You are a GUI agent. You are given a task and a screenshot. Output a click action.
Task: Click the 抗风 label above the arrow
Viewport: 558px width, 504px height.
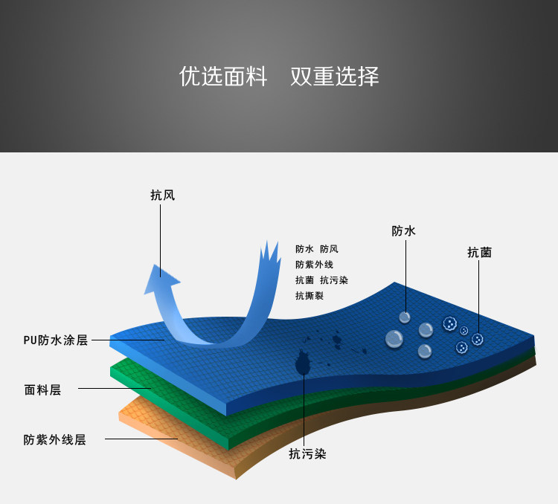click(162, 196)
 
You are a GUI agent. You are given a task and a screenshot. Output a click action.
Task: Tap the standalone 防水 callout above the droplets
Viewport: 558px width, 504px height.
click(403, 231)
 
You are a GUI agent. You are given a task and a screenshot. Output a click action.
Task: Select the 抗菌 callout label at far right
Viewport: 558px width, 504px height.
click(479, 252)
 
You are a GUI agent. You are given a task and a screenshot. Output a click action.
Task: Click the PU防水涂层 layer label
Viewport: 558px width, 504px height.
click(55, 340)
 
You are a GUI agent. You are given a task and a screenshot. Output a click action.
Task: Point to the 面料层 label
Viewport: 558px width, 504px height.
click(42, 390)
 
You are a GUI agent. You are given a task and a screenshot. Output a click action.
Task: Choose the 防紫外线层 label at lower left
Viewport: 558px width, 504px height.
click(54, 439)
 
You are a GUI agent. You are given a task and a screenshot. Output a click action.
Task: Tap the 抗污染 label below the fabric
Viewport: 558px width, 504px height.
click(307, 453)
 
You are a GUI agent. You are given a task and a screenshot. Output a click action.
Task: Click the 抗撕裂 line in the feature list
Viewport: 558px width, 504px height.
click(309, 296)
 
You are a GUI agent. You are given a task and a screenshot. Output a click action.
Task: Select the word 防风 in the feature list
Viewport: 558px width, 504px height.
click(329, 249)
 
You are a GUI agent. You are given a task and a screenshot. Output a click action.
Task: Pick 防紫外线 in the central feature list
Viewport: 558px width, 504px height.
click(314, 265)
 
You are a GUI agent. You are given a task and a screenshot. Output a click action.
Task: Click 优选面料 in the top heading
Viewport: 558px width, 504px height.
click(223, 77)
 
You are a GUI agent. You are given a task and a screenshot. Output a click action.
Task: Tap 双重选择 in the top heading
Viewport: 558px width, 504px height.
click(335, 77)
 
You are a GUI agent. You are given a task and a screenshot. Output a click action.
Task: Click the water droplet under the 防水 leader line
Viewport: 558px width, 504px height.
click(405, 317)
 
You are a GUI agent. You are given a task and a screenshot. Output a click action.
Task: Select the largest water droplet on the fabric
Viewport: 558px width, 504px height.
click(394, 340)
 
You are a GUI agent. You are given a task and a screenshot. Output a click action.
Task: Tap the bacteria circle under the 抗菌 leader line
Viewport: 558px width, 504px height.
click(478, 339)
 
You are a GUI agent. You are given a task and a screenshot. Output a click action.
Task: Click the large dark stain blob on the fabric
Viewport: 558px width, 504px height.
click(303, 364)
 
